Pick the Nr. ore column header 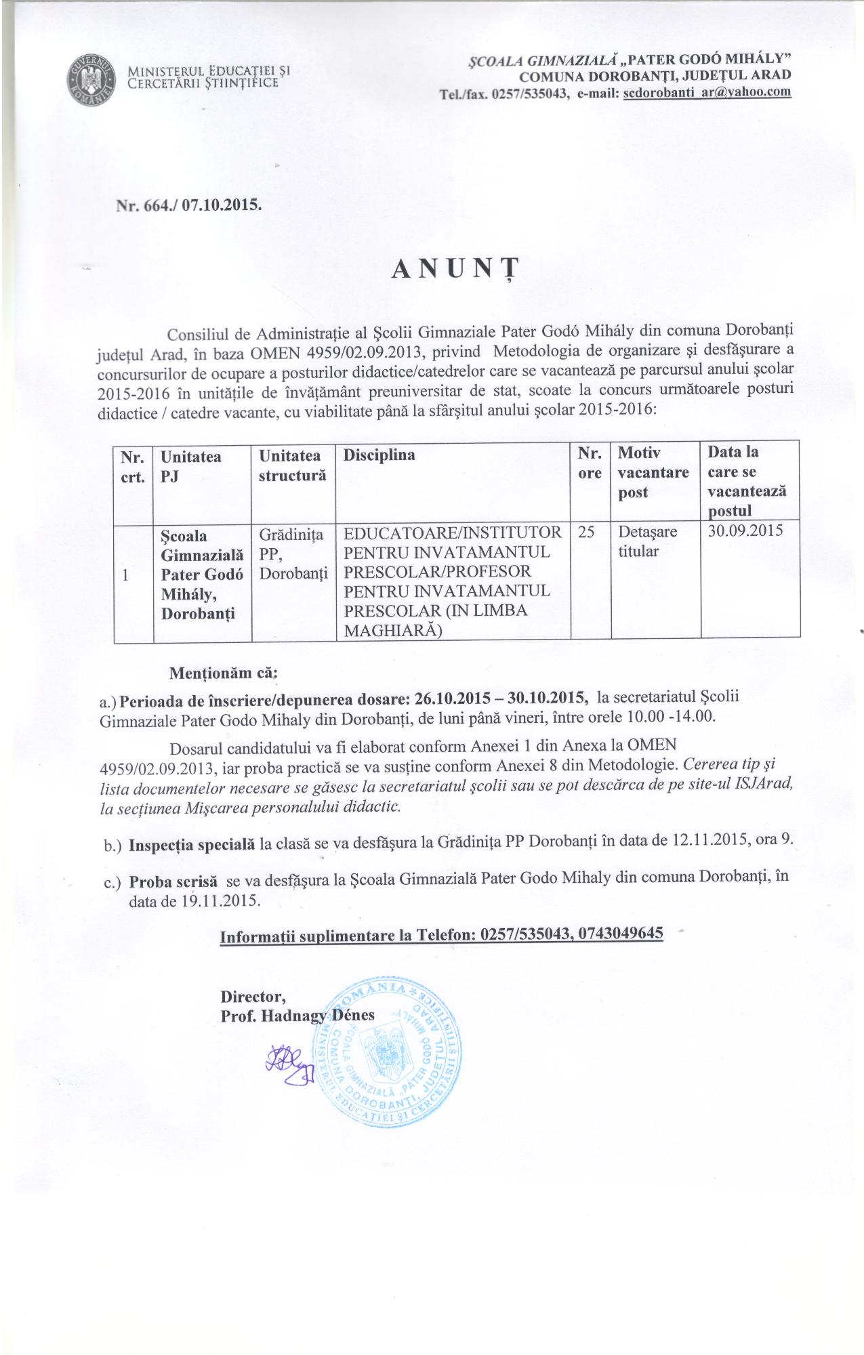pos(590,463)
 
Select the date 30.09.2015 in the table pos(745,530)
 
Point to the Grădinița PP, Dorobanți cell pos(292,554)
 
